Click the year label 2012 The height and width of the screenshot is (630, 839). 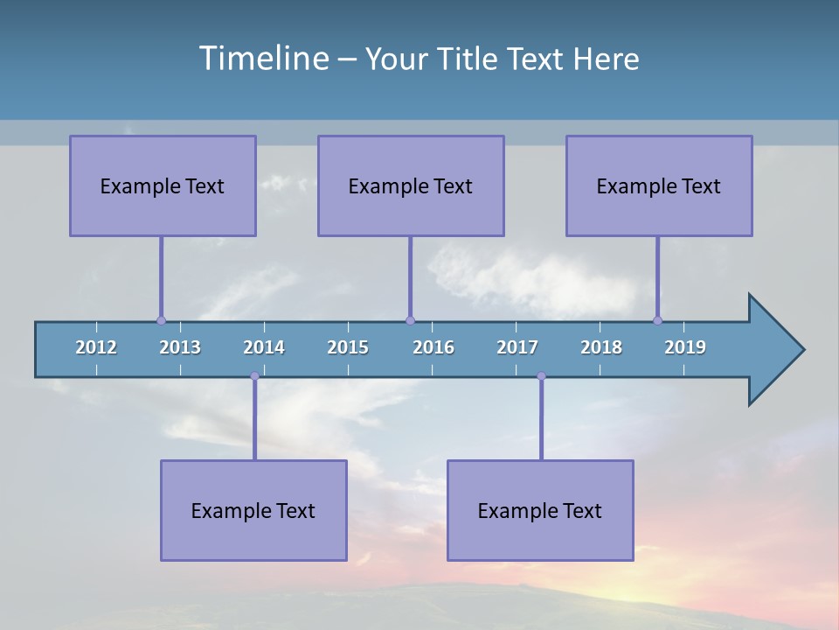tap(96, 347)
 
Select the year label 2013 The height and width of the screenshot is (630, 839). tap(180, 347)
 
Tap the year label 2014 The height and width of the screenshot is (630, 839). tap(264, 347)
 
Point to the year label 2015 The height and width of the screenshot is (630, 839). tap(348, 347)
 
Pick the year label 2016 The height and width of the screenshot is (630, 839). tap(433, 347)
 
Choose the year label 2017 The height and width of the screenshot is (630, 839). tap(517, 347)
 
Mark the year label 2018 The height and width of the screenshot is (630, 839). tap(601, 347)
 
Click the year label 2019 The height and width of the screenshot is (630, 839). tap(685, 347)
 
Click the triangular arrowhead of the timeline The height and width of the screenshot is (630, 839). tap(773, 350)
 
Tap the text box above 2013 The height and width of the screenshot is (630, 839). tap(163, 185)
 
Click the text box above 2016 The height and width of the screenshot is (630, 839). tap(411, 185)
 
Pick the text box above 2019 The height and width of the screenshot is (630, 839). tap(659, 185)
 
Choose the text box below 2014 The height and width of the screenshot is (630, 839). tap(253, 510)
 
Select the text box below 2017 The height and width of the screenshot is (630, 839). tap(540, 510)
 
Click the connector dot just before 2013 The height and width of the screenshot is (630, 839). tap(161, 320)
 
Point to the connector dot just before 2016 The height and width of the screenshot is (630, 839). tap(410, 320)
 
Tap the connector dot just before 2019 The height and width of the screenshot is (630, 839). tap(657, 320)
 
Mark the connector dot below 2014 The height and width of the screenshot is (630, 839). tap(254, 376)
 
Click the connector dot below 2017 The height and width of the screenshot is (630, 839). tap(541, 376)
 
